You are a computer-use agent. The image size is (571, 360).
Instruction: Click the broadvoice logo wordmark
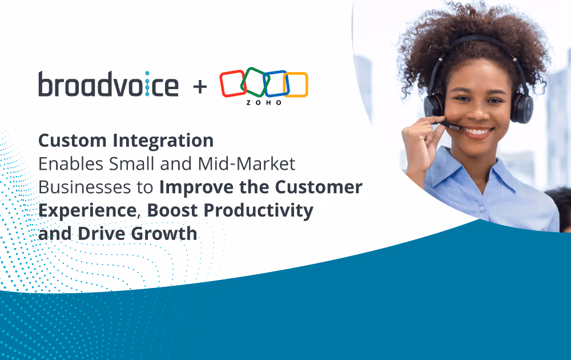pos(108,84)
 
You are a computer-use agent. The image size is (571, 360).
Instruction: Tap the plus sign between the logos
pos(200,87)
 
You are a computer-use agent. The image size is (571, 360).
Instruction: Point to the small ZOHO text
pos(264,103)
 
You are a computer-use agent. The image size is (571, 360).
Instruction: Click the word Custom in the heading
pos(72,141)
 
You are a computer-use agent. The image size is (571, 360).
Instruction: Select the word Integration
pos(163,141)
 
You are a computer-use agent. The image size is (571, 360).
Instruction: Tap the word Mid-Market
pos(246,164)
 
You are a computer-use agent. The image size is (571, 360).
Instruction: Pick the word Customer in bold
pos(318,187)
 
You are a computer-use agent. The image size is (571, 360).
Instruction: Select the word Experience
pos(87,211)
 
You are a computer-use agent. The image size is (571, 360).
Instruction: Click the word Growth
pos(164,234)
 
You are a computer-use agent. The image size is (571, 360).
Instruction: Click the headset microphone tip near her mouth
pos(455,127)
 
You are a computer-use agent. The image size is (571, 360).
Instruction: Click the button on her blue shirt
pos(481,209)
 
